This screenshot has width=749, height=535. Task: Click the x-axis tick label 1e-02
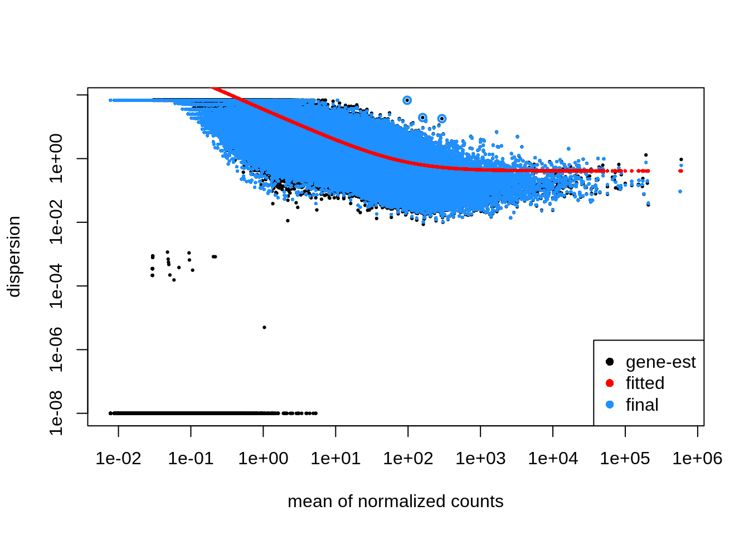coord(118,459)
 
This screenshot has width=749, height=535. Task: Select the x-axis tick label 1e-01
coord(191,459)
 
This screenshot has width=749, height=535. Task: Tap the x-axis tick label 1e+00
coord(263,459)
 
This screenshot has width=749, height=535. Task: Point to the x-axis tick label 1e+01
coord(335,459)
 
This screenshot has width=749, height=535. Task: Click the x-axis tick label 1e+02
coord(408,459)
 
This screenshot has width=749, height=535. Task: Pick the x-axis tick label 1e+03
coord(480,459)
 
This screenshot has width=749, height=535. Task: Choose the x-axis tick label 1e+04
coord(553,459)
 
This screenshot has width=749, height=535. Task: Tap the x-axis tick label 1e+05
coord(625,459)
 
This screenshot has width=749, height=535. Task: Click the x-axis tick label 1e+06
coord(697,459)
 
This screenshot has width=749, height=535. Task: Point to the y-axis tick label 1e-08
coord(56,413)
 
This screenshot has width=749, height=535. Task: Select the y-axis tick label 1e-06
coord(56,349)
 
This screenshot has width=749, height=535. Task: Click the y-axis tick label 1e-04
coord(56,286)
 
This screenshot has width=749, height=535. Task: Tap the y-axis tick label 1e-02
coord(56,222)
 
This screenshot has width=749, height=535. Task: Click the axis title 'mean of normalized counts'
coord(395,502)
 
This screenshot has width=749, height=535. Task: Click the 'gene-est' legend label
coord(660,362)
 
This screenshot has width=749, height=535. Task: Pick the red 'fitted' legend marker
coord(610,383)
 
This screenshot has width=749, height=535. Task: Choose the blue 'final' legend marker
coord(610,405)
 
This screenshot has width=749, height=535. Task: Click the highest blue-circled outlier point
coord(407,100)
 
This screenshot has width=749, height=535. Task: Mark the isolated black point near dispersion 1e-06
coord(264,327)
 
